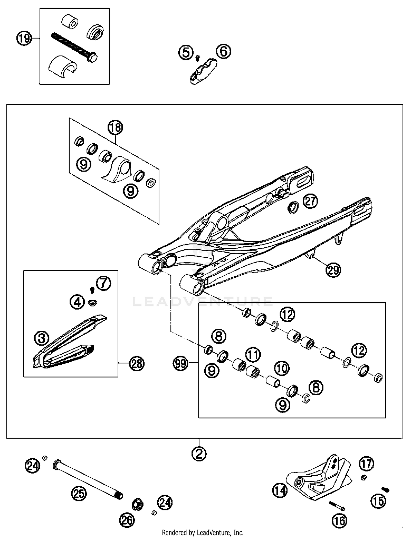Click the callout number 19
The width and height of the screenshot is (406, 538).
[24, 38]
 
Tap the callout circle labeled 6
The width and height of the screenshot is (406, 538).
[224, 51]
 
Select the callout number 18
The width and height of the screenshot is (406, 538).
[116, 128]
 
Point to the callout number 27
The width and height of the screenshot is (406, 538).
[310, 201]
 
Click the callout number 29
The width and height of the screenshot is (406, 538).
[333, 270]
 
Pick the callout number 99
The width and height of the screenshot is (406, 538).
[181, 363]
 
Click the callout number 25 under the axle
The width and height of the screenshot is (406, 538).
[79, 494]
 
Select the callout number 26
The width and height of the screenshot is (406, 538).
[127, 520]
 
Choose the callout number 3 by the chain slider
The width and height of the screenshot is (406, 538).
[42, 339]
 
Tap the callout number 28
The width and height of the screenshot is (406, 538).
[137, 364]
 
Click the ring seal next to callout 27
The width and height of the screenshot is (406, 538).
[293, 207]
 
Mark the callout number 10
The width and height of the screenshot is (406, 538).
[282, 368]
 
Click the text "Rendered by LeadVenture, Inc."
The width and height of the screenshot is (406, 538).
[203, 533]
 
